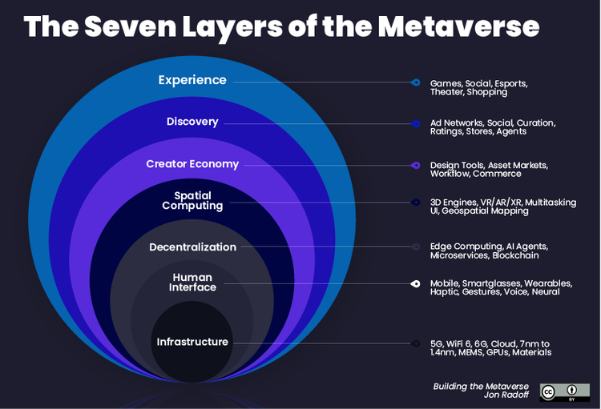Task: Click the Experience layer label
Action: (192, 80)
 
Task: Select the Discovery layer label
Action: (192, 122)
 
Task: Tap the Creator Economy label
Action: (192, 164)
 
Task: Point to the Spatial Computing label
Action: (192, 200)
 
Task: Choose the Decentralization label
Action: (192, 247)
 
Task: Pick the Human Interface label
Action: (192, 282)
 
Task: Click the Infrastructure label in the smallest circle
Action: (192, 342)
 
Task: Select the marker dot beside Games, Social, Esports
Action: (415, 82)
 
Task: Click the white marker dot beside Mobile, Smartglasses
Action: (415, 283)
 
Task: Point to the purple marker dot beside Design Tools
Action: (415, 165)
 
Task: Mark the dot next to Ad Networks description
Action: (415, 123)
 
